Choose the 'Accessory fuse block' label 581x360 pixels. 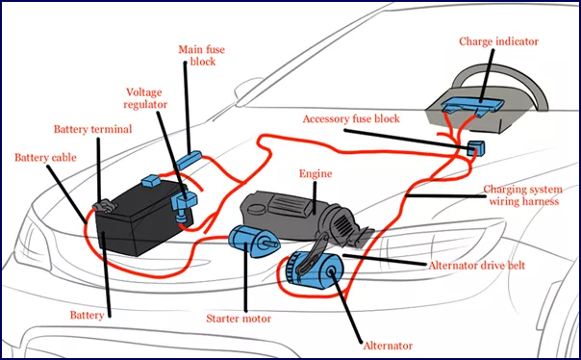[350, 119]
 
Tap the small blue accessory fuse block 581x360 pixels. [474, 148]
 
